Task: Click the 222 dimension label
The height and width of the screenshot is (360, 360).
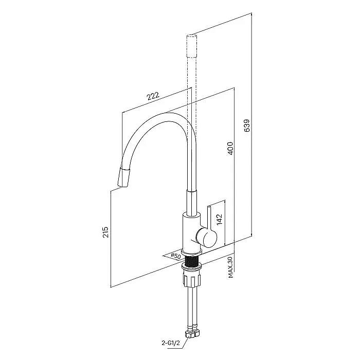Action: coord(153,96)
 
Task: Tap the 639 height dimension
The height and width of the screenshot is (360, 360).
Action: coord(247,125)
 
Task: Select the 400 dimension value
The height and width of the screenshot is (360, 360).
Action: coord(230,148)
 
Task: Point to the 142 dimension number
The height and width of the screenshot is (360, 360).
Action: coord(220,219)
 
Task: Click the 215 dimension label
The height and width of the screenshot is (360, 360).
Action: coord(105,232)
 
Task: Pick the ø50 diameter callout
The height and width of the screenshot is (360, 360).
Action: coord(176,256)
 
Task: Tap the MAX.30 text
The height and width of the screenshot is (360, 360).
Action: coord(231,267)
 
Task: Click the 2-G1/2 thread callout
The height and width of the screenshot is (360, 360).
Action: coord(171,343)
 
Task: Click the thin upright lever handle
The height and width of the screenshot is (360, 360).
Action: coord(210,218)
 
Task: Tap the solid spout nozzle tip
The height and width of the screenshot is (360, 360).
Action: coord(124,177)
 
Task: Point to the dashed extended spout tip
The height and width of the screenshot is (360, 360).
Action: coord(191,46)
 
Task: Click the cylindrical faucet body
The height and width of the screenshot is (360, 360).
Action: coord(191,232)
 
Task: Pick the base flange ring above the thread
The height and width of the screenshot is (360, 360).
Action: coord(192,252)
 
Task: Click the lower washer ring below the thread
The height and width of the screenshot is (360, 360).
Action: coord(192,267)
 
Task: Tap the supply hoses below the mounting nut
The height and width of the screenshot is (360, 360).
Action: coord(192,308)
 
